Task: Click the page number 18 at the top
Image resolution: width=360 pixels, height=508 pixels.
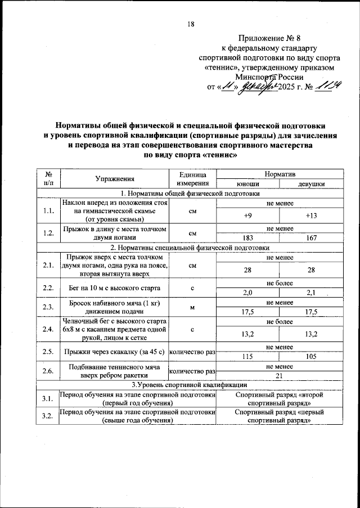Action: coord(191,25)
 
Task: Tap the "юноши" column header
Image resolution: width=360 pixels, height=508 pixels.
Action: coord(247,183)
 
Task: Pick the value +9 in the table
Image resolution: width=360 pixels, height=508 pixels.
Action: coord(247,215)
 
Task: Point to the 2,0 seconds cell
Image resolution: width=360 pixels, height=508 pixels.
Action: coord(247,292)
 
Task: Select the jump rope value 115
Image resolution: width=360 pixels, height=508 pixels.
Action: coord(247,357)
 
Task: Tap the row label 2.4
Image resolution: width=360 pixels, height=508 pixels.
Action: coord(48,329)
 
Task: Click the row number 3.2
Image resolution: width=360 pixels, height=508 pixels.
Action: coord(48,416)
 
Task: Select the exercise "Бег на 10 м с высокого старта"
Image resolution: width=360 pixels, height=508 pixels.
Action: coord(114,288)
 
